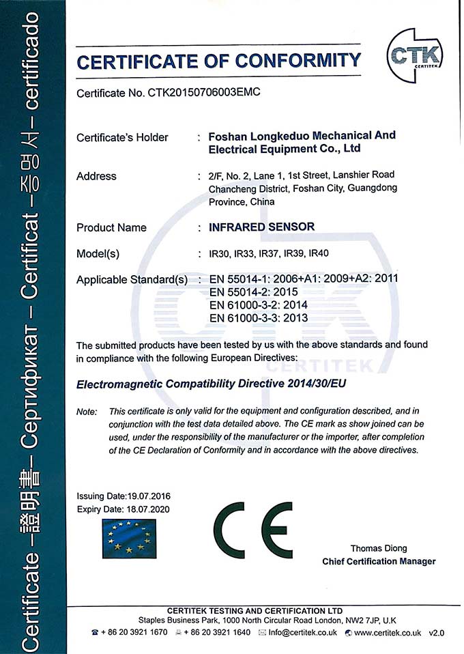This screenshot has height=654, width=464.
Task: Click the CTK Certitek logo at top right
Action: tap(415, 53)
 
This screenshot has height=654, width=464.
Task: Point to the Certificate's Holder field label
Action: tap(122, 137)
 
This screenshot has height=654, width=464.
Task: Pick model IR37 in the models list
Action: tap(269, 254)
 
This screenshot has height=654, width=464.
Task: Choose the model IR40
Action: tap(319, 254)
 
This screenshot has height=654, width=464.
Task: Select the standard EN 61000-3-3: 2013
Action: tap(259, 318)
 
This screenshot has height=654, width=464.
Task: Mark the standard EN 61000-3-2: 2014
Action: tap(259, 305)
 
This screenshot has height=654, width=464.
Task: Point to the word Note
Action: tap(87, 412)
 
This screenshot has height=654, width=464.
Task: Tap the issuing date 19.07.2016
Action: tap(148, 496)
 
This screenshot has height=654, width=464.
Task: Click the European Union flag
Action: tap(128, 537)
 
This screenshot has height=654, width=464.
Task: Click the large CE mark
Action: tap(252, 530)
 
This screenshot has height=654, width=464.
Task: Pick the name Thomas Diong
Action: tap(378, 548)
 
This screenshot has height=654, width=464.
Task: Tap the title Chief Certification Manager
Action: tap(379, 561)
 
